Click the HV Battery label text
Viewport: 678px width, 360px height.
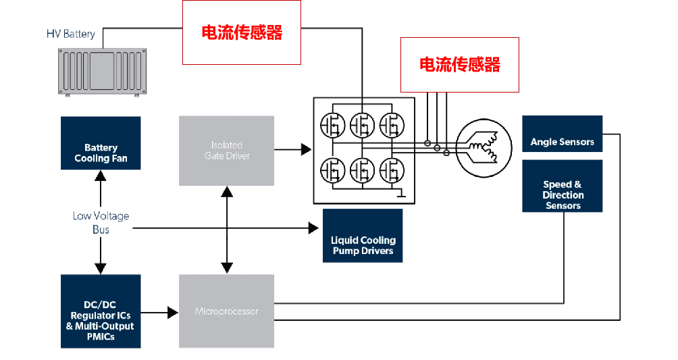coord(70,34)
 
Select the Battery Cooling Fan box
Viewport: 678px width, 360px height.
coord(101,152)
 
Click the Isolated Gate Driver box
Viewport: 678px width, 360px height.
coord(226,151)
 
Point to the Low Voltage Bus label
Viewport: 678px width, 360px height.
coord(101,223)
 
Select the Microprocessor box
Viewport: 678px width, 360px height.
coord(226,311)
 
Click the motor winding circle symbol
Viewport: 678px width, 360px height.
coord(481,147)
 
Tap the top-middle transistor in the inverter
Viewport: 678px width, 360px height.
coord(362,124)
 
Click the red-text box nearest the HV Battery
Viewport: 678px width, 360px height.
coord(242,32)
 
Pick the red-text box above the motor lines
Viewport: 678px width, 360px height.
coord(459,64)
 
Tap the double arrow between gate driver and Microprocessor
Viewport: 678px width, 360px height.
coord(227,230)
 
